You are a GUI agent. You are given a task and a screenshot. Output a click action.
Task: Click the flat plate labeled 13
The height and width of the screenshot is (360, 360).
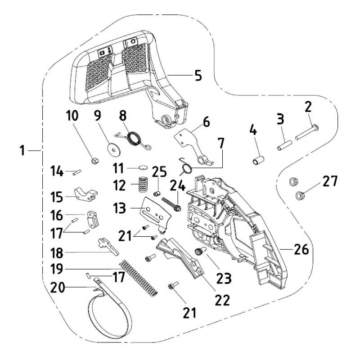click(153, 211)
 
